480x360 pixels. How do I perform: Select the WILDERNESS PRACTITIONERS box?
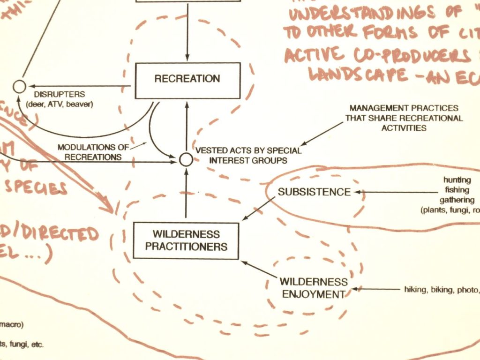pos(186,240)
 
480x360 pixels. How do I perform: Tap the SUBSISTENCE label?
pos(314,192)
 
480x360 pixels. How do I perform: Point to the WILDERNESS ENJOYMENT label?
pos(314,288)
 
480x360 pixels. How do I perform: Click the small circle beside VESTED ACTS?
pos(186,160)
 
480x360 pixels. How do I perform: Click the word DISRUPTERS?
pos(66,94)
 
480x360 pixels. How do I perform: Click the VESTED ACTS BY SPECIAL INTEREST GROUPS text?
pos(248,156)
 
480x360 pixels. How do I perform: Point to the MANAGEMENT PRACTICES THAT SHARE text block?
pos(404,118)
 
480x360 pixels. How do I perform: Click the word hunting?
pos(457,180)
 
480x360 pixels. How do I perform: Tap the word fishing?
pos(457,190)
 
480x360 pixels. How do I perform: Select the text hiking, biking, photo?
pos(441,289)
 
